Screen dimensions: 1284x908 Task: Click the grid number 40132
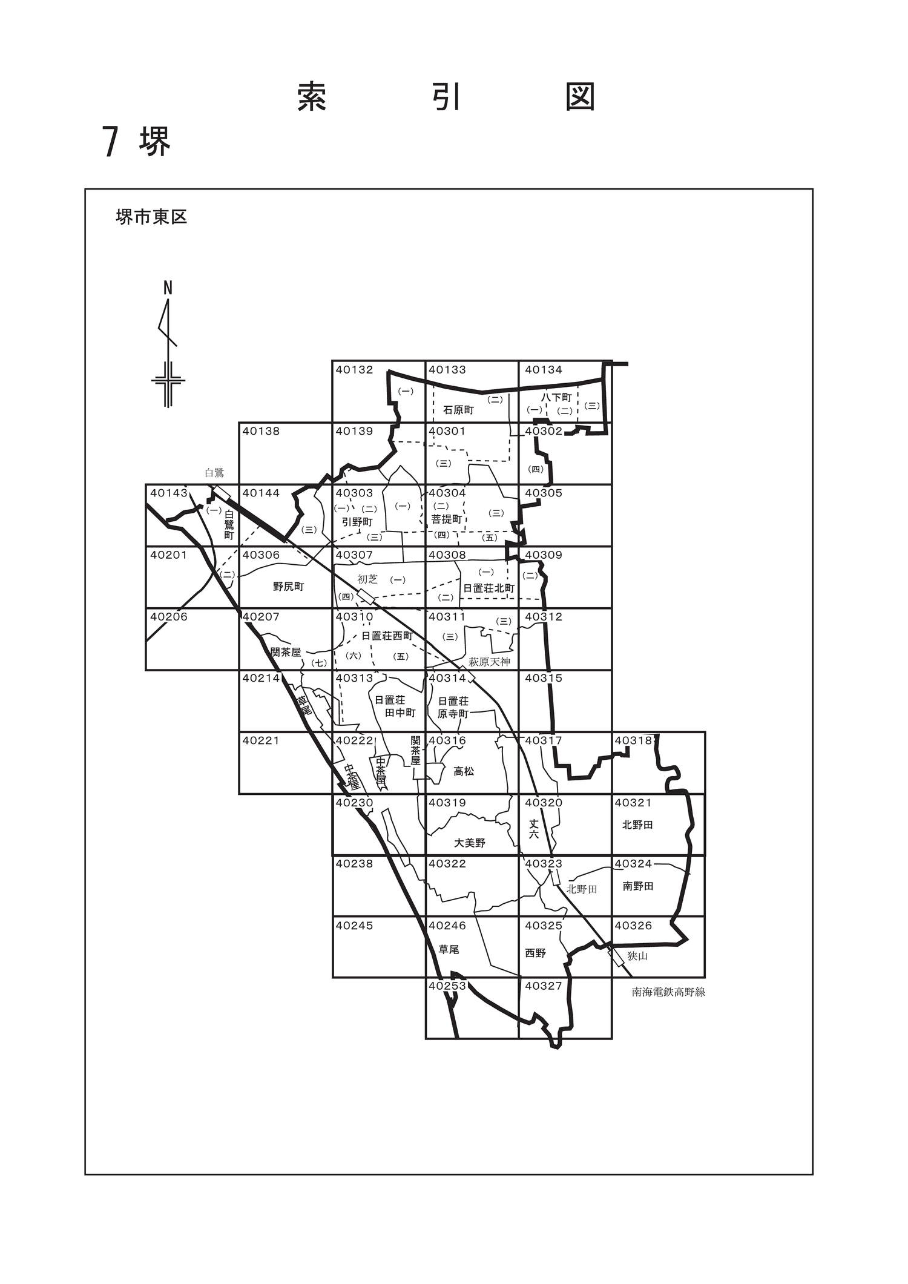(354, 370)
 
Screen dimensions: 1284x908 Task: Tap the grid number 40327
(543, 986)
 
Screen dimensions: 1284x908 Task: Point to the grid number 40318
(634, 740)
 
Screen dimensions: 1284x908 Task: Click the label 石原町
(458, 410)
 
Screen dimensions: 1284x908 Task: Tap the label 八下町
(556, 398)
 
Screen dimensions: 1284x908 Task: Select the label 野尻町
(288, 587)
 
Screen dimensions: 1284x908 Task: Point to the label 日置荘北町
(489, 588)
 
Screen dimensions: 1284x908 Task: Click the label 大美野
(470, 843)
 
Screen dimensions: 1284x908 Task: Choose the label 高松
(464, 771)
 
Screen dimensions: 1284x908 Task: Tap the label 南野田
(637, 886)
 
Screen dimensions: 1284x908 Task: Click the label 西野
(535, 953)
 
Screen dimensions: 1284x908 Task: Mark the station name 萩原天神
(489, 662)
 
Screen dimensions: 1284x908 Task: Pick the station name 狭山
(637, 956)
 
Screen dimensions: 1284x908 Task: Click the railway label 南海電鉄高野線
(668, 992)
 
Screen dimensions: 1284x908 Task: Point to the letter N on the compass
(168, 289)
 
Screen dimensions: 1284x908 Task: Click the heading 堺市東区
(151, 217)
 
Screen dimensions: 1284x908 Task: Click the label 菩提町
(446, 519)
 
